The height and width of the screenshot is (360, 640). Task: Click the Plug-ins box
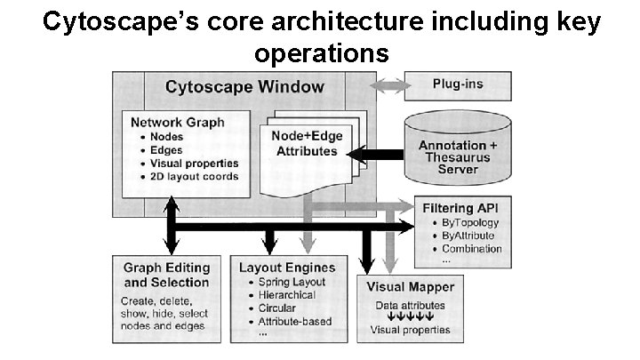[x=458, y=86]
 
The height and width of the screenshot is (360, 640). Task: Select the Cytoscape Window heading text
[x=244, y=87]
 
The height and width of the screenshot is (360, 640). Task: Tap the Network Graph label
[x=178, y=123]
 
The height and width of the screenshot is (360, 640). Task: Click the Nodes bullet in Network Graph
[x=166, y=137]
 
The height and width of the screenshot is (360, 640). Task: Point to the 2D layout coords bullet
[x=194, y=176]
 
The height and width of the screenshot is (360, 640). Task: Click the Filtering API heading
[x=464, y=208]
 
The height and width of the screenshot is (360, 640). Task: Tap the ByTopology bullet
[x=471, y=222]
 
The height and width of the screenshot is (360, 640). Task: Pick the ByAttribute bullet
[x=468, y=236]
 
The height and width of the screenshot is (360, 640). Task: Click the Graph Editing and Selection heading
[x=166, y=275]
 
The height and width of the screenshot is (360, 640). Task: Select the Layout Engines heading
[x=287, y=267]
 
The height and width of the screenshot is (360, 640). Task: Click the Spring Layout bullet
[x=292, y=282]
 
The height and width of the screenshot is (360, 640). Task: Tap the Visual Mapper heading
[x=410, y=287]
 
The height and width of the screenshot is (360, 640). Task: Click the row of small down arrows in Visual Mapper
[x=410, y=316]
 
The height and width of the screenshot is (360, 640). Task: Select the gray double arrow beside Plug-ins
[x=389, y=86]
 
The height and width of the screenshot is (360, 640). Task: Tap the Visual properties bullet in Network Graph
[x=194, y=163]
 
